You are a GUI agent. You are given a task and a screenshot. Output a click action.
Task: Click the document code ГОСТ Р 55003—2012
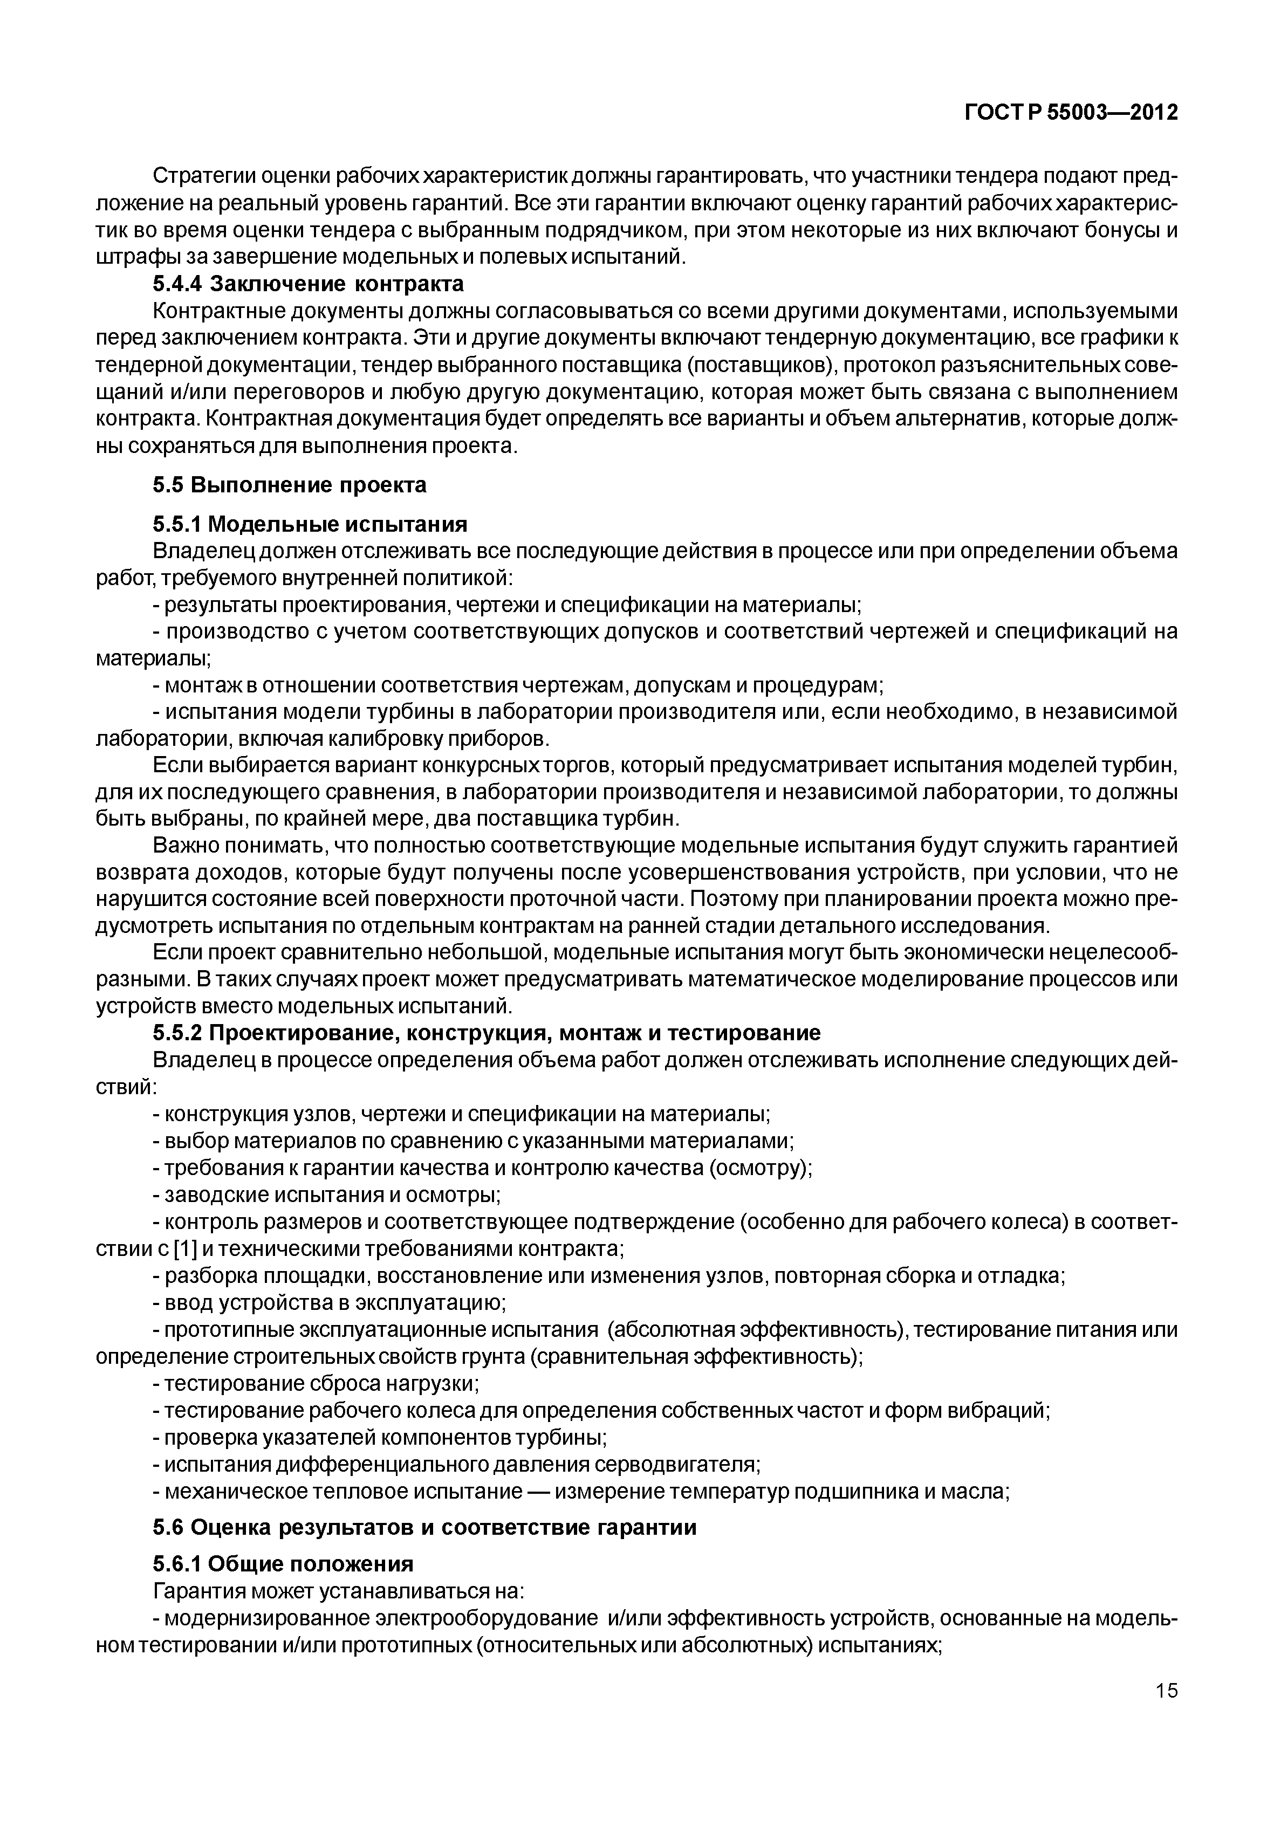pyautogui.click(x=1071, y=113)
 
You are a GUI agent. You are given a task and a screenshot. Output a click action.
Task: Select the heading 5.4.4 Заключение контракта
pyautogui.click(x=308, y=284)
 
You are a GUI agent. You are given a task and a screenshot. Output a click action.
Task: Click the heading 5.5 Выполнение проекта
pyautogui.click(x=290, y=484)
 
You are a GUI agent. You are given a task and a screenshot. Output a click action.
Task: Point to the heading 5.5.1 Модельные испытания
pyautogui.click(x=310, y=524)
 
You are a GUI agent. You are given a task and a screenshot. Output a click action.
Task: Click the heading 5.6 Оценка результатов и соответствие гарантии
pyautogui.click(x=424, y=1527)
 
